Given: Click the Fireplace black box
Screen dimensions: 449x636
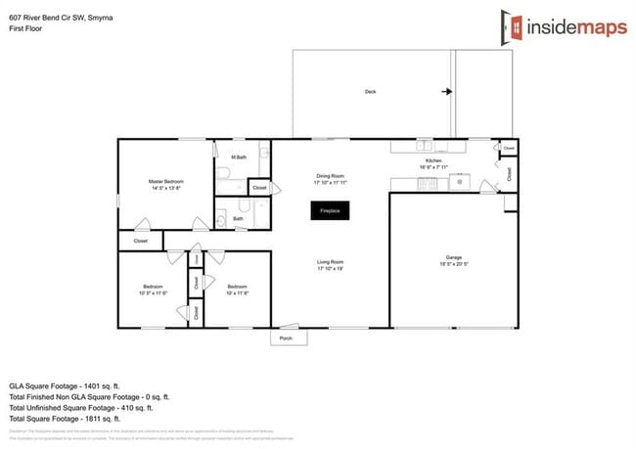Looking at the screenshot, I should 328,210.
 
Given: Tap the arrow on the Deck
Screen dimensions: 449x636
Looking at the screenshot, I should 446,92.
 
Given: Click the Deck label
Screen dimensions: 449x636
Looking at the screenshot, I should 370,92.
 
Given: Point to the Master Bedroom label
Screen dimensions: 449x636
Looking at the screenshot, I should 166,181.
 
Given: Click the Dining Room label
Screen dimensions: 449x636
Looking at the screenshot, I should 331,176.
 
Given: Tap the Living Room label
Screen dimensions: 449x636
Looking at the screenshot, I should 330,261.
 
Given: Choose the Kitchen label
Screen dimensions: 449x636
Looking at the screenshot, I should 433,160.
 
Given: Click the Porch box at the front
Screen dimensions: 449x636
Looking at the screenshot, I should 287,337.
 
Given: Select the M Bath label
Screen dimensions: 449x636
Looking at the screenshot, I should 238,157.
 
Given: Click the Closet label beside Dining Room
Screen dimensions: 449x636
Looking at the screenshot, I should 259,187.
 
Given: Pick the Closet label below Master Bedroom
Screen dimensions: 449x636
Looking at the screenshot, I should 140,240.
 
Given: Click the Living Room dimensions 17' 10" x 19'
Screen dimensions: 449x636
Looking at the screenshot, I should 330,268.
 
